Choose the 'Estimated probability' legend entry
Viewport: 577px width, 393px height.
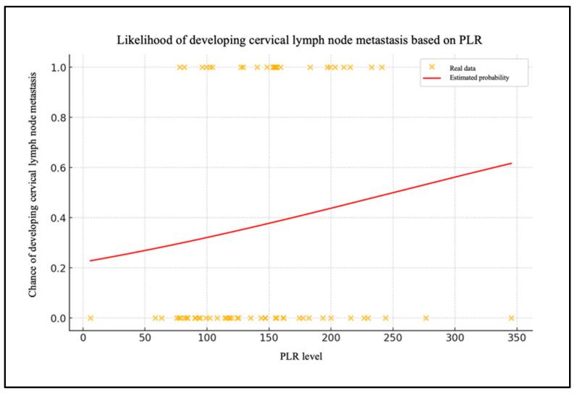tap(479, 77)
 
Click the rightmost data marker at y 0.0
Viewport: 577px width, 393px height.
tap(511, 318)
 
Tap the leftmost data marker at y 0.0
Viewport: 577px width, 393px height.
tap(90, 318)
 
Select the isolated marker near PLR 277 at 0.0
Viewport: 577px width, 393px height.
tap(426, 318)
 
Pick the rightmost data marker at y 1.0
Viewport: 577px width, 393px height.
tap(382, 67)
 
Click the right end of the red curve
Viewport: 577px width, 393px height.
tap(511, 163)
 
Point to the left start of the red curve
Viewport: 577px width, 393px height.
tap(90, 261)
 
